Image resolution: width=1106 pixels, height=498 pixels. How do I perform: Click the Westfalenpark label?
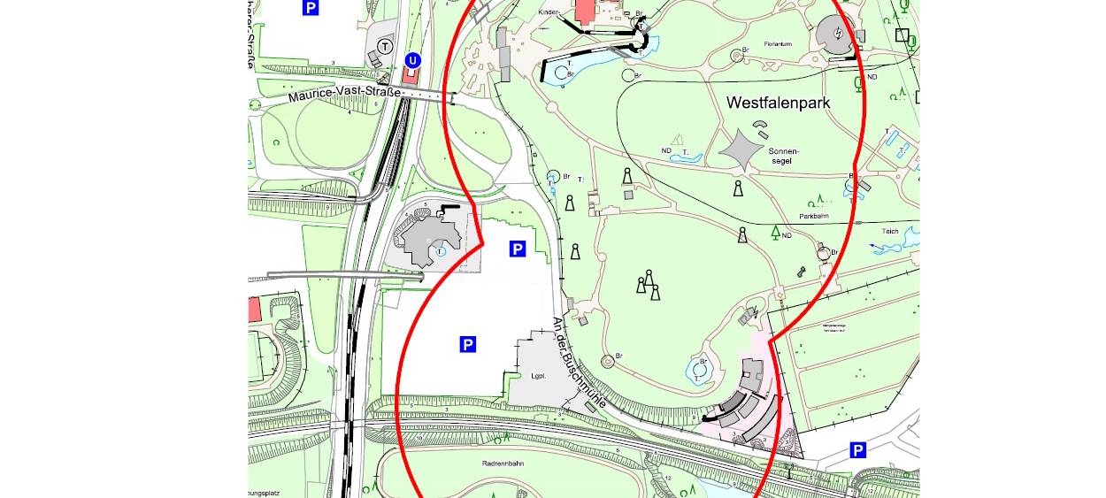tap(779, 103)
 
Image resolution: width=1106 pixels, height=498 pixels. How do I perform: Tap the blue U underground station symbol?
tap(411, 60)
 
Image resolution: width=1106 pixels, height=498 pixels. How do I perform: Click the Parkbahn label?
tap(818, 216)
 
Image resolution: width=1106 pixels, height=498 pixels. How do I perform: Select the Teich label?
tap(889, 232)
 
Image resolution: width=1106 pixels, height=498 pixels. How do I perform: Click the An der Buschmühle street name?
tap(580, 363)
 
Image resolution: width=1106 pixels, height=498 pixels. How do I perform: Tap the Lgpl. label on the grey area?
tap(536, 375)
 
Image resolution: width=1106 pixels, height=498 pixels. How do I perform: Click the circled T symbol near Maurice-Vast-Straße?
tap(384, 45)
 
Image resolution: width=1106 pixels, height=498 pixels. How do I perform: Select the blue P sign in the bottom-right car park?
tap(857, 450)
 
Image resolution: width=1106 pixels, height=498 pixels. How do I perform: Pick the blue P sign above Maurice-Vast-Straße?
tap(310, 8)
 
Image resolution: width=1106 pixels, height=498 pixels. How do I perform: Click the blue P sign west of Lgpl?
tap(467, 344)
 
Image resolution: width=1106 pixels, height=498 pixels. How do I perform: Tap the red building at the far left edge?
tap(254, 310)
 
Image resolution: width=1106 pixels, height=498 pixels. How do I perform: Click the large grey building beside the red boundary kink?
tap(432, 237)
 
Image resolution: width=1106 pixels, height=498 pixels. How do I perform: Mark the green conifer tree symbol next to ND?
tap(775, 233)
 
